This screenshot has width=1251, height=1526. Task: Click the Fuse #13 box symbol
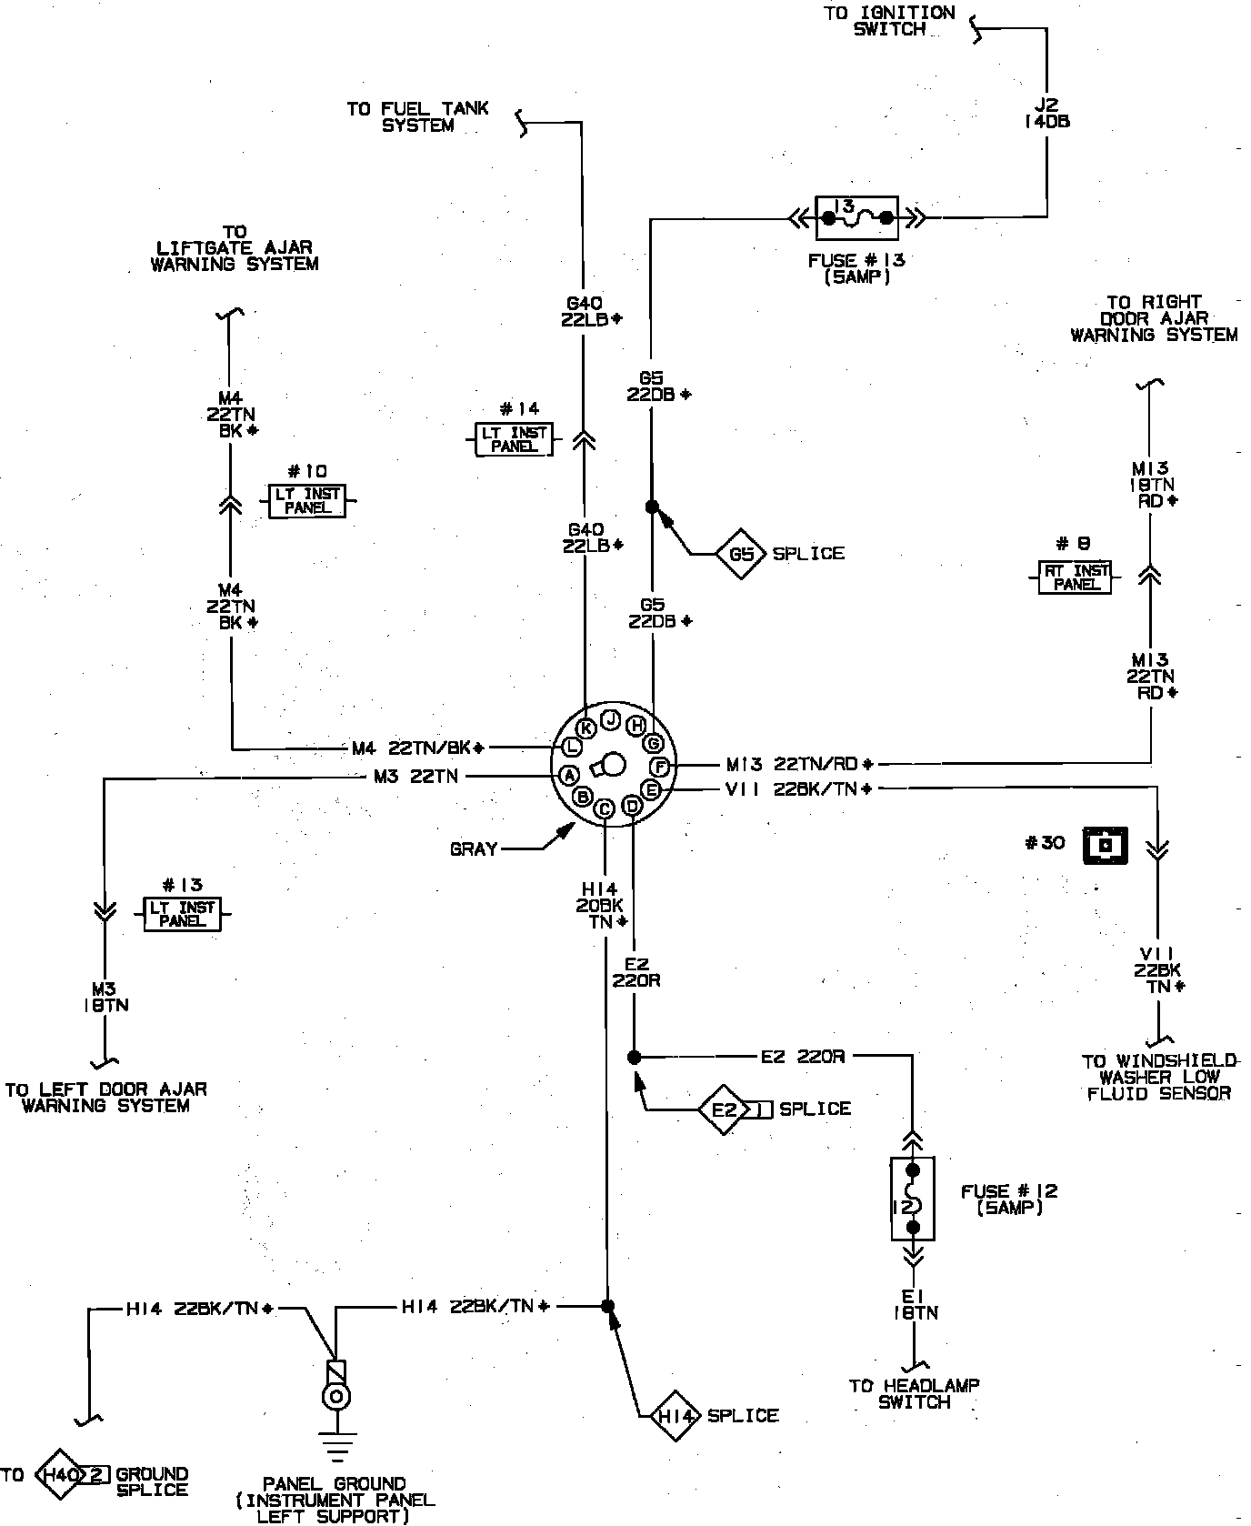point(856,218)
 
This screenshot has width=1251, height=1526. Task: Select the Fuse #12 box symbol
point(914,1199)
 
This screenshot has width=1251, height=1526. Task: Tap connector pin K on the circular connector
point(586,727)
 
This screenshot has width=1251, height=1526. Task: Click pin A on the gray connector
point(569,776)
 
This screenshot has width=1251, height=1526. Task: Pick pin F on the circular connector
point(661,766)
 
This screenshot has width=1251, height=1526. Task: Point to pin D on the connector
point(631,806)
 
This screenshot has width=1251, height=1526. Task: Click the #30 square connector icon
point(1105,845)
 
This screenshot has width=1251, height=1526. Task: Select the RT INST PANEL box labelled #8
point(1077,577)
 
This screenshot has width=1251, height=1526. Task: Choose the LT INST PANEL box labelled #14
point(515,440)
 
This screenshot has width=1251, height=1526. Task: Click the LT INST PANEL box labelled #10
point(307,501)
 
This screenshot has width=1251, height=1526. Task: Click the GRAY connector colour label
point(474,849)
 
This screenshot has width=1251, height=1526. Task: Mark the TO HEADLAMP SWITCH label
point(914,1394)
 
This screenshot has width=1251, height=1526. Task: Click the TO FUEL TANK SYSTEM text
point(417,117)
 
